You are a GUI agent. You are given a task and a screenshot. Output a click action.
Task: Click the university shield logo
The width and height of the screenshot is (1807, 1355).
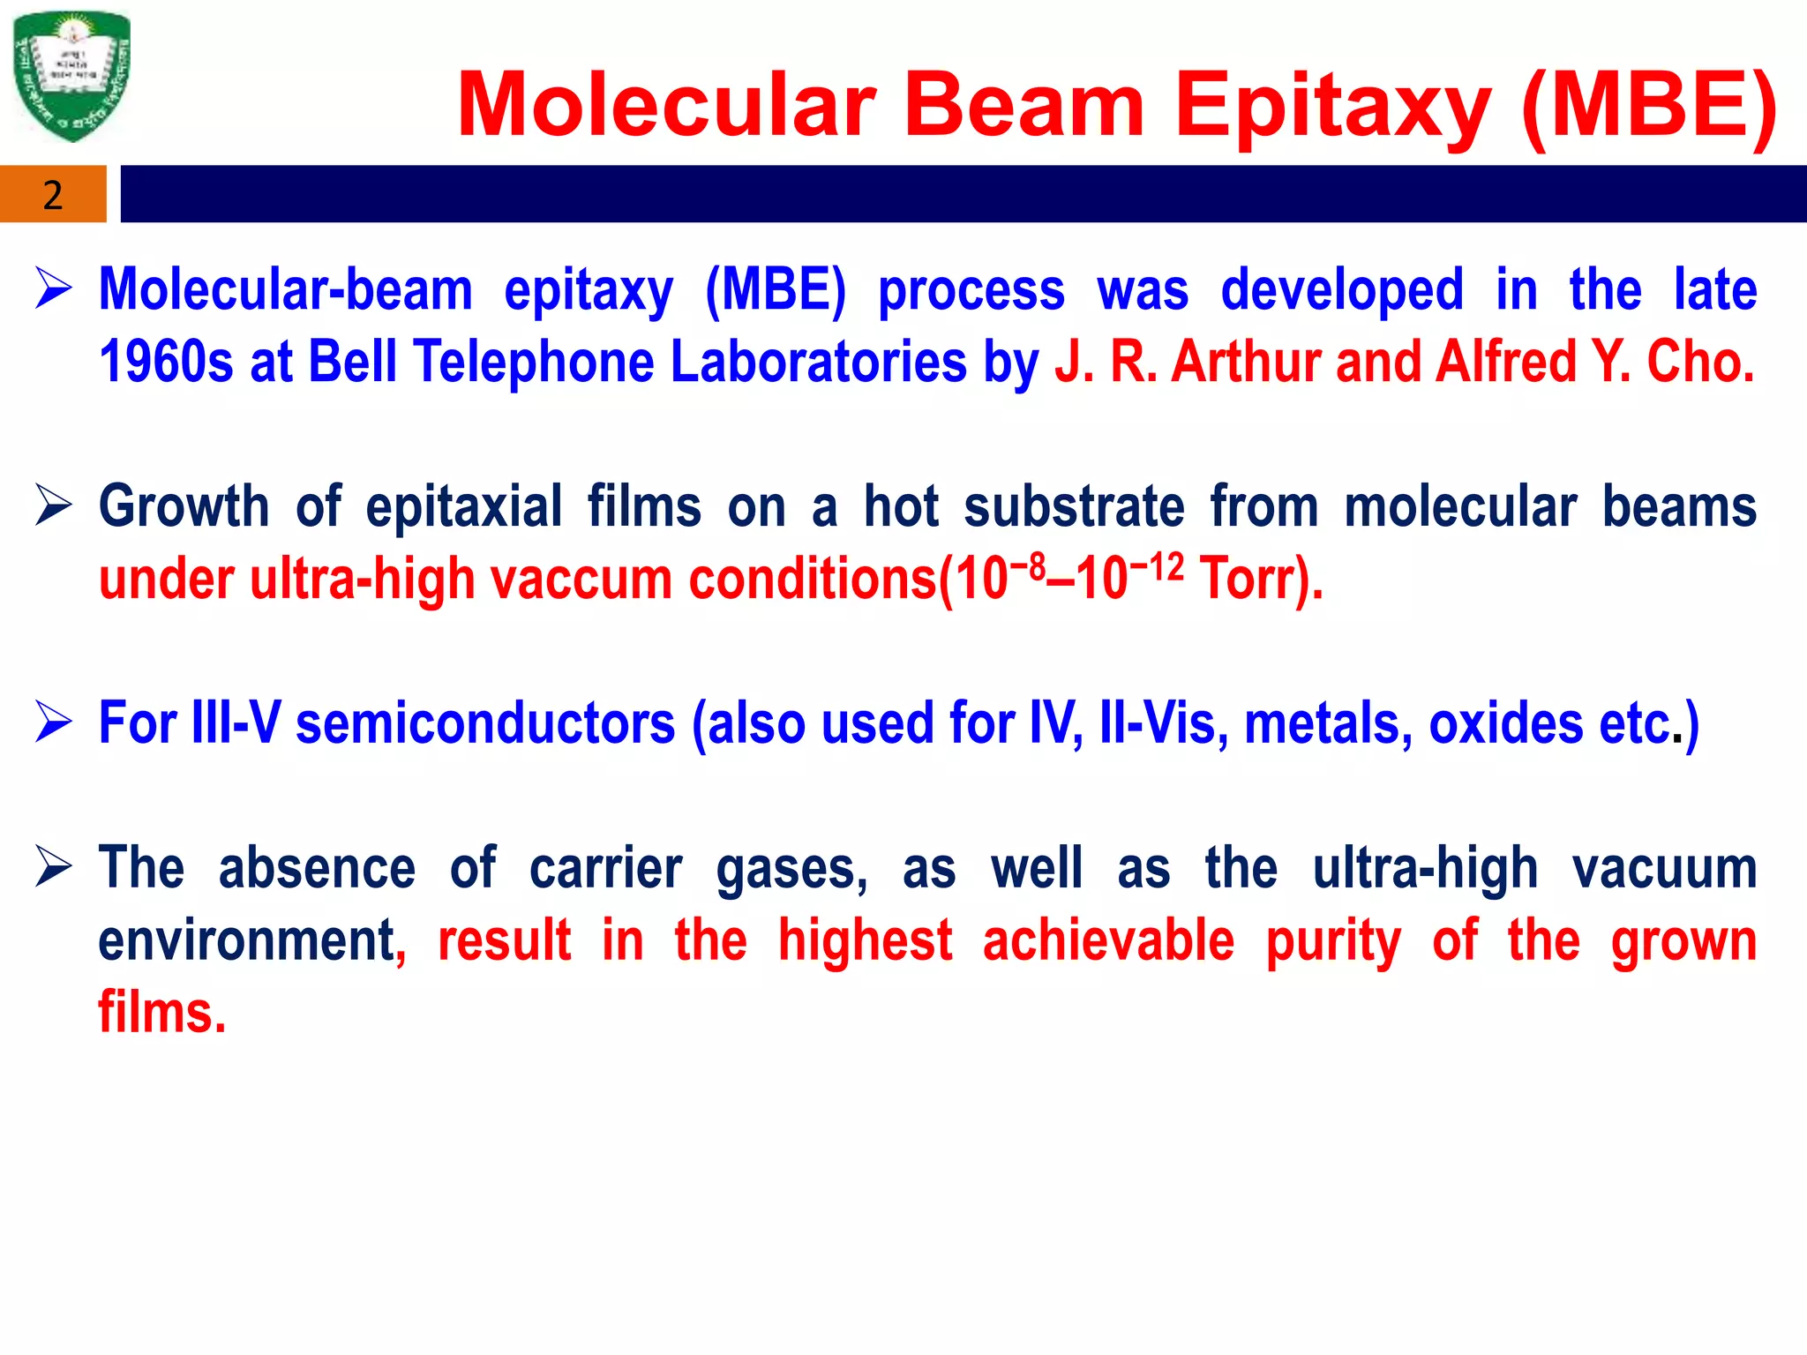point(72,76)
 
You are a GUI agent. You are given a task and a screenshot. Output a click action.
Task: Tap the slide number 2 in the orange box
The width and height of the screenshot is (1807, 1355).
point(53,195)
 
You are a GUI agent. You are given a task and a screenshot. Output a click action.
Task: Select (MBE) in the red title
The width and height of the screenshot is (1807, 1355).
point(1649,106)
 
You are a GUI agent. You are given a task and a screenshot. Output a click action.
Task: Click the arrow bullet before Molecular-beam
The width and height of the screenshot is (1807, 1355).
point(54,288)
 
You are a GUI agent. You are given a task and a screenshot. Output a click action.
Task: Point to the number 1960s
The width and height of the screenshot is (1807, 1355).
point(166,362)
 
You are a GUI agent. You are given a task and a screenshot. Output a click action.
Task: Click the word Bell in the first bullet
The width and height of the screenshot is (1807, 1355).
point(352,362)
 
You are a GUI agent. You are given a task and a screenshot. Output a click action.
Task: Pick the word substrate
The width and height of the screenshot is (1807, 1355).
point(1074,507)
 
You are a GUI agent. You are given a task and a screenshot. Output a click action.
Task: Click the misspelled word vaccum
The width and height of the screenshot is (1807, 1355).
point(581,580)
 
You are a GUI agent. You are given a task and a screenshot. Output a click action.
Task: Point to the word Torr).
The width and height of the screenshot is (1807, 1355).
point(1261,580)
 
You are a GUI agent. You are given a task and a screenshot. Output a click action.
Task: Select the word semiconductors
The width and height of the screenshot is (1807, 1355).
point(485,723)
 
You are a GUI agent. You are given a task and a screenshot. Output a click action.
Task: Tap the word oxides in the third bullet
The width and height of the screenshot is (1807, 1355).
point(1505,723)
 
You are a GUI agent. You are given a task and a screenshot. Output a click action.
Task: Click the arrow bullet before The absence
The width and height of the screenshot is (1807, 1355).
point(54,866)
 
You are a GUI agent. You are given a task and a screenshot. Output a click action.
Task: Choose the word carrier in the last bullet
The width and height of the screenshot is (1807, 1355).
point(605,868)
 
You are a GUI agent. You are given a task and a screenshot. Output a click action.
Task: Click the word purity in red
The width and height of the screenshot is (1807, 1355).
point(1333,941)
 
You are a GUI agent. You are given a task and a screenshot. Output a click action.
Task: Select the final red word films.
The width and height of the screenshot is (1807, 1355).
point(162,1012)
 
